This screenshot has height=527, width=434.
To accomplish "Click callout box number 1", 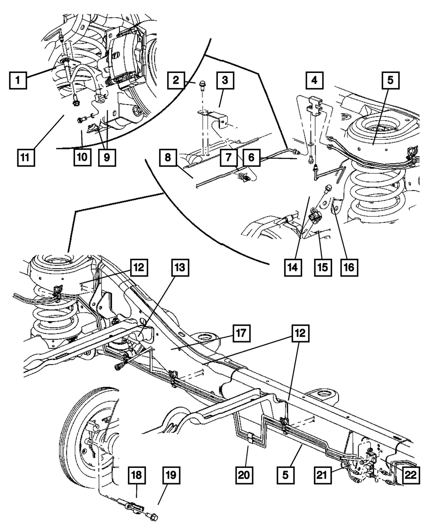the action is pos(18,80).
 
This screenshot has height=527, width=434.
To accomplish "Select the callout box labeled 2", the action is pos(176,80).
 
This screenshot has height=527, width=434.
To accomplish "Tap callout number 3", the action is pos(225,80).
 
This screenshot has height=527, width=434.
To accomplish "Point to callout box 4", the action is pos(314,80).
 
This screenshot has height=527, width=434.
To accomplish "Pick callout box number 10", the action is pos(82,158).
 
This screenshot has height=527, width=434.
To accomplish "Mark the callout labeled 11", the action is pos(26,158).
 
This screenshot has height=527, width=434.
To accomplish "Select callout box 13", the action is pos(180,267).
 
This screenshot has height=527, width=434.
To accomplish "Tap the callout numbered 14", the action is pos(293,267).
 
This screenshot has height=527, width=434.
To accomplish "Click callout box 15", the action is pos(323,267).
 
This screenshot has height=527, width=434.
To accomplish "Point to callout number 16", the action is pos(349,267).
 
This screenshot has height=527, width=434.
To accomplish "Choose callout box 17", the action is pos(241,333).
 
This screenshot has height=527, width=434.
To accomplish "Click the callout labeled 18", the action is pos(137,475).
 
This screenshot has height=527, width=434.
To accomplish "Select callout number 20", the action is pos(244,475).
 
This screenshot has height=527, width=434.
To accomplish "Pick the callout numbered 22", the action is pos(411,475).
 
